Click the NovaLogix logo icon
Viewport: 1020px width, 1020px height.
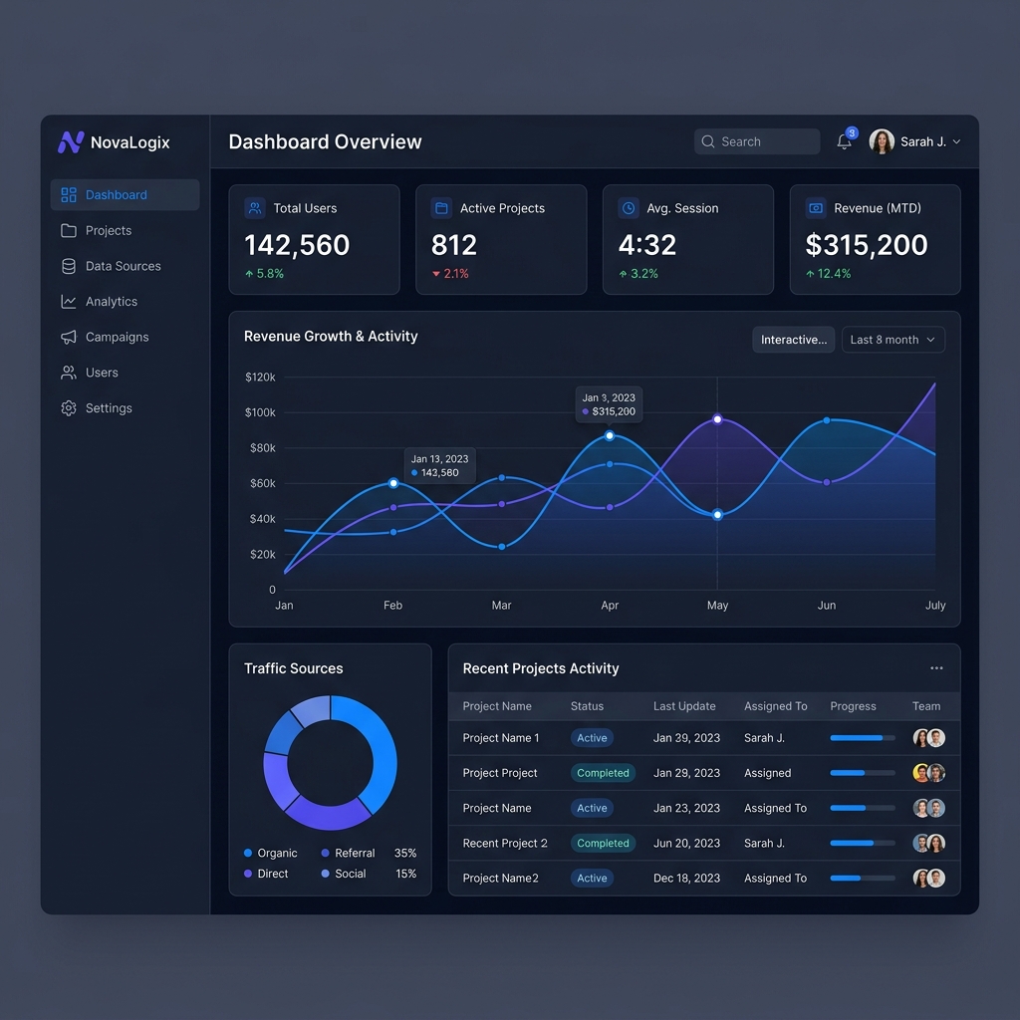coord(70,142)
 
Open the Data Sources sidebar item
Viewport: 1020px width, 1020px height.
coord(123,266)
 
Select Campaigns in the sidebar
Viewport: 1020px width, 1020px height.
coord(117,337)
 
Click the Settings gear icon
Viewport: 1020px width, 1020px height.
coord(69,408)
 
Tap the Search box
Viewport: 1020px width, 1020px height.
coord(757,141)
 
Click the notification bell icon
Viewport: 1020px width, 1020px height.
coord(844,141)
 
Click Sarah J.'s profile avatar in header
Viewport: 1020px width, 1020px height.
coord(882,141)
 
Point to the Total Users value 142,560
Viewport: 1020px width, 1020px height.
coord(297,245)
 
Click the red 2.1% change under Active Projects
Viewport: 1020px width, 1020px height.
coord(450,273)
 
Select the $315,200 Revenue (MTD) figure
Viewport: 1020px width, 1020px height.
coord(866,245)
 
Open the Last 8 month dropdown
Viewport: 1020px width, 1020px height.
coord(892,340)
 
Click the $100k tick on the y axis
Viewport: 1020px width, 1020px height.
coord(260,412)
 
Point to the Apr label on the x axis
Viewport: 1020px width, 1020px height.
coord(610,605)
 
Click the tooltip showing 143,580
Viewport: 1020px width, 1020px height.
coord(439,466)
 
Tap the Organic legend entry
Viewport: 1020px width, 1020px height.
coord(271,853)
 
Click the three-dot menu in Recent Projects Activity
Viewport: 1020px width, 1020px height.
coord(936,668)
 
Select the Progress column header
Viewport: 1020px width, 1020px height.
coord(853,706)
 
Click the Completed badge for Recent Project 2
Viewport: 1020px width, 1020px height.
coord(603,843)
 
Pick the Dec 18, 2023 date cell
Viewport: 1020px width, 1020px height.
coord(686,878)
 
